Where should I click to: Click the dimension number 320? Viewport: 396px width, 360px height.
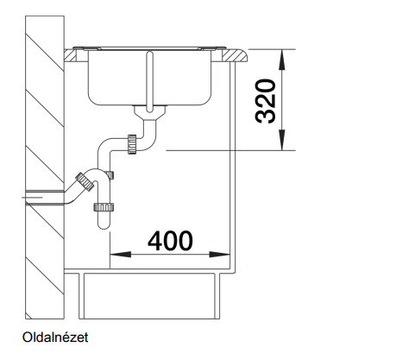265,101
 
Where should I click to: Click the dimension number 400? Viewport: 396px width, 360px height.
170,241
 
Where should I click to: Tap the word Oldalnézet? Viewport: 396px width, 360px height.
55,338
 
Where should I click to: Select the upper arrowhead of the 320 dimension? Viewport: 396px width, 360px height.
282,60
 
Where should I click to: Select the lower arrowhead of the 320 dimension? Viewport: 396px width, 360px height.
282,140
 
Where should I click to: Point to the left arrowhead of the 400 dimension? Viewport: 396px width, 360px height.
120,255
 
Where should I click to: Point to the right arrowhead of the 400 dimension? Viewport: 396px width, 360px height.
219,255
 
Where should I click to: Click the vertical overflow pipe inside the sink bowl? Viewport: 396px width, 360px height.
149,81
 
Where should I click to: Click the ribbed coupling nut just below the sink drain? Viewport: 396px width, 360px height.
132,144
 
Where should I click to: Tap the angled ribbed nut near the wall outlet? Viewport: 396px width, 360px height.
85,182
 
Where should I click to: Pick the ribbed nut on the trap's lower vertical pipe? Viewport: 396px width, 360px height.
104,207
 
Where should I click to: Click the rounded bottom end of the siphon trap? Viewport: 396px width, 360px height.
104,224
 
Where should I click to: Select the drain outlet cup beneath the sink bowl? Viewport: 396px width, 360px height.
149,112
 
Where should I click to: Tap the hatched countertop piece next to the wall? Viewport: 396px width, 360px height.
71,55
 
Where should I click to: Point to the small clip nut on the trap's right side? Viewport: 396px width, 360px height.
110,175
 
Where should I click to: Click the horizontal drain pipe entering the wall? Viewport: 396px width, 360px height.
46,197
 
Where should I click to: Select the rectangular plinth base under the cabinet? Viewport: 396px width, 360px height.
149,296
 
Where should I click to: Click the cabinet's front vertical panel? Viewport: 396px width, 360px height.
233,166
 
